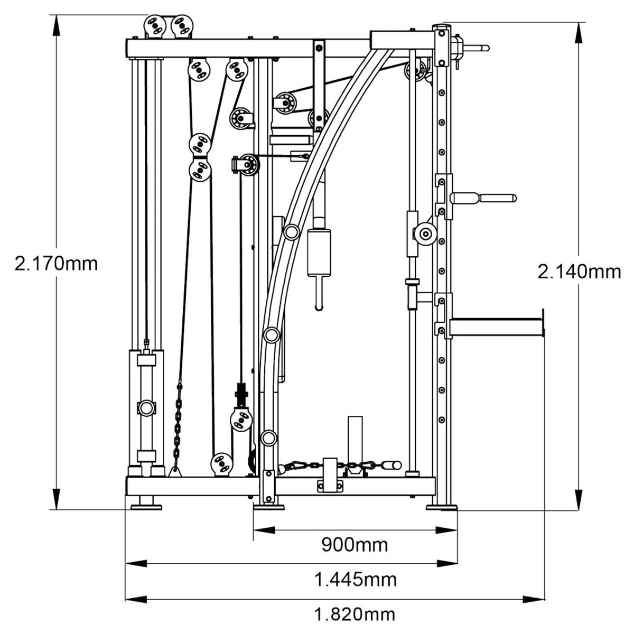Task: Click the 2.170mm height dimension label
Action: tap(57, 263)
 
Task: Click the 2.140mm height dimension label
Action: tap(579, 272)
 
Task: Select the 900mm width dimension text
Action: tap(355, 544)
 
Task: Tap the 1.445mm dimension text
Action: tap(355, 580)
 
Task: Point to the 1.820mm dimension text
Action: tap(355, 614)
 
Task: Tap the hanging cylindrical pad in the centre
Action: tap(319, 253)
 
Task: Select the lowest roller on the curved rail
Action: tap(268, 437)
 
